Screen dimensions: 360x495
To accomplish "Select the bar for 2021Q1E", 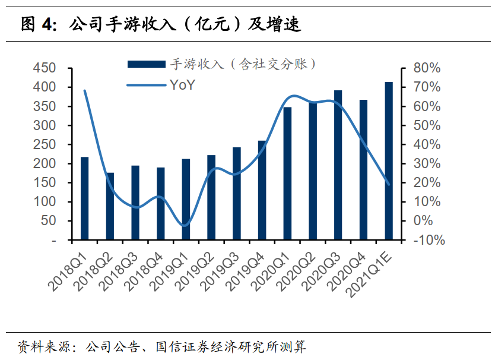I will pyautogui.click(x=389, y=161).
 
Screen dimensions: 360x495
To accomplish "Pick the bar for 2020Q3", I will pyautogui.click(x=338, y=165).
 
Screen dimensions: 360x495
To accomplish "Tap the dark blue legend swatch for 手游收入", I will pyautogui.click(x=146, y=64).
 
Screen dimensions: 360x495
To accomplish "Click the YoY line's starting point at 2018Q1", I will pyautogui.click(x=84, y=91).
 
